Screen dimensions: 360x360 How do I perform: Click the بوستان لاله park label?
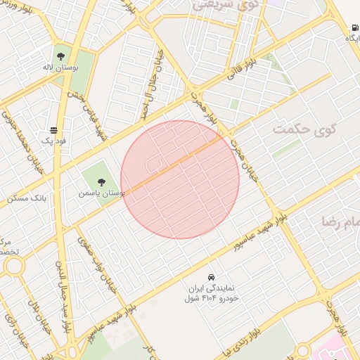(x=60, y=67)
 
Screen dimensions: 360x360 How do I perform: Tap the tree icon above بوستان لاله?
(x=60, y=54)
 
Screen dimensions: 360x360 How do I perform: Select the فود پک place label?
(x=53, y=141)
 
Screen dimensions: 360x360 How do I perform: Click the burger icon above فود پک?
(x=53, y=129)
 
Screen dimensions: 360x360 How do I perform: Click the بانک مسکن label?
(x=26, y=198)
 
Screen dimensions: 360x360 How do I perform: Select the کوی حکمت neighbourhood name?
(x=304, y=129)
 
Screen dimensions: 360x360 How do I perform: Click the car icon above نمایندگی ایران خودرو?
(x=212, y=276)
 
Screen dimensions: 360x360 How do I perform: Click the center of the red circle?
(x=180, y=179)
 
